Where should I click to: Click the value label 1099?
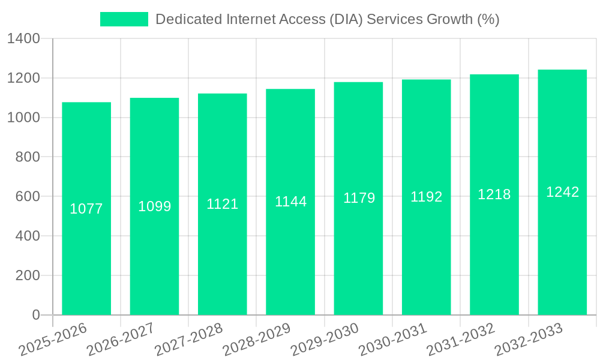point(155,206)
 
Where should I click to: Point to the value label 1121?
point(223,204)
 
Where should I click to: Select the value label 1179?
point(359,198)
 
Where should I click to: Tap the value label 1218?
point(494,194)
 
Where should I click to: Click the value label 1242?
point(562,192)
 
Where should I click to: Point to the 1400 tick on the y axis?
point(23,39)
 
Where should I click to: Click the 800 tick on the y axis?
point(28,157)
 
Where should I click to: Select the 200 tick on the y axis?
point(28,275)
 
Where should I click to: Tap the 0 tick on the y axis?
point(35,315)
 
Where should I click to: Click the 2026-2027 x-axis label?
point(120,340)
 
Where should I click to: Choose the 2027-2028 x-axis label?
point(188,340)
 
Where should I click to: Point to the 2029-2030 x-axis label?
point(324,340)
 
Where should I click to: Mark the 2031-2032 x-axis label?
point(460,340)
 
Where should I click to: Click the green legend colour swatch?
point(124,19)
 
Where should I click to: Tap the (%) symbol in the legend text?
point(488,19)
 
